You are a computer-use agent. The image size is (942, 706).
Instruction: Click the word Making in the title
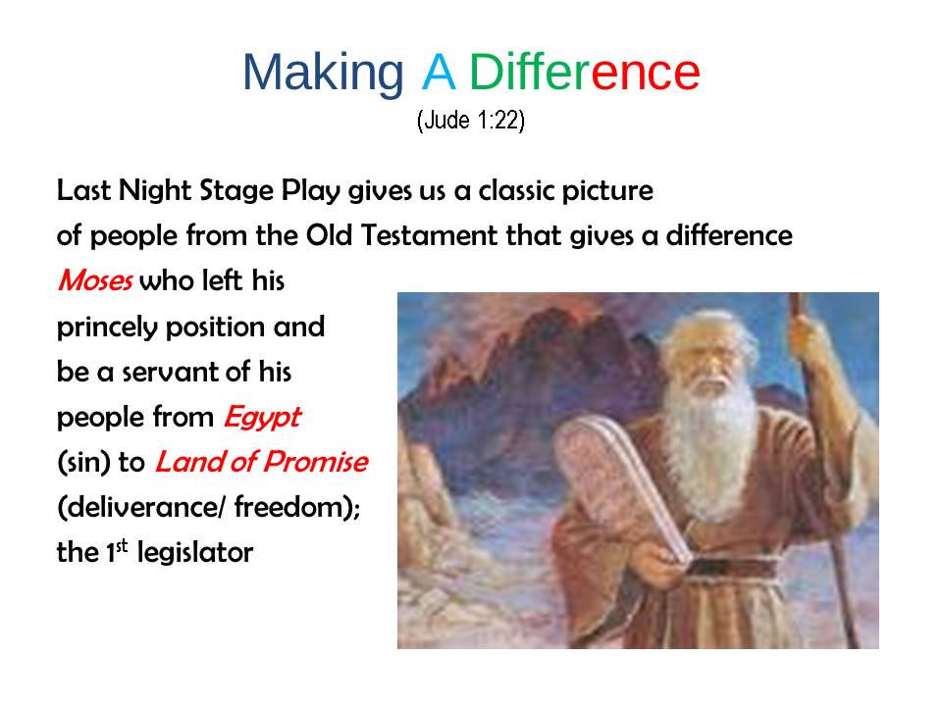tap(323, 74)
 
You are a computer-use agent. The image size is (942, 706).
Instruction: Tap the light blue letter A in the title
tap(439, 72)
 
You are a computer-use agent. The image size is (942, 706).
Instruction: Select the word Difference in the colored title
tap(585, 72)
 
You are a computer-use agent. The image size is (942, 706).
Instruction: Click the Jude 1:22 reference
tap(471, 120)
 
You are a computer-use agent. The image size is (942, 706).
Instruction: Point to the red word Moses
tap(95, 280)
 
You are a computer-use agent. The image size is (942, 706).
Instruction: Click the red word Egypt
tap(262, 418)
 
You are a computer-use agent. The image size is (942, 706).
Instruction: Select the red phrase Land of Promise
tap(261, 462)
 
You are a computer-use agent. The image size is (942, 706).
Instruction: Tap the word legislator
tap(195, 552)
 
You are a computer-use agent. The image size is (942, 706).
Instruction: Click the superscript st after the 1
tap(122, 546)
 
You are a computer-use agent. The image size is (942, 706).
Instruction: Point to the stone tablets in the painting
tap(622, 486)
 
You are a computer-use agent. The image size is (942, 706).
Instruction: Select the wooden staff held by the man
tap(824, 469)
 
